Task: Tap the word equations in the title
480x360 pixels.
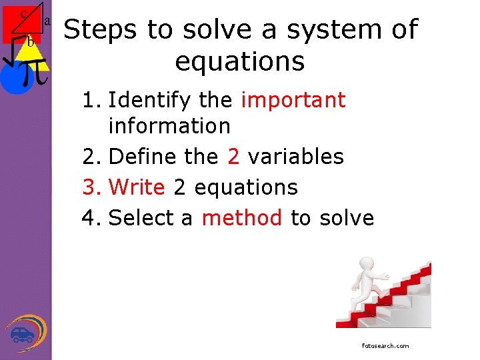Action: click(x=240, y=61)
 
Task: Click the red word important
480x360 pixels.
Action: click(x=293, y=100)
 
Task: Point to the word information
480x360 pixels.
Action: click(x=169, y=125)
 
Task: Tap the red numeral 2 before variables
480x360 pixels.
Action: click(x=233, y=157)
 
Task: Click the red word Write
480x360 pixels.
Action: click(x=137, y=187)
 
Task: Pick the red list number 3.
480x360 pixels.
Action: click(x=90, y=187)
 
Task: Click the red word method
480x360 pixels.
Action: click(x=242, y=217)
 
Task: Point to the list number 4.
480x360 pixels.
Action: click(x=90, y=217)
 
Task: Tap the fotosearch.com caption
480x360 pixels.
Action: click(x=385, y=346)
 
